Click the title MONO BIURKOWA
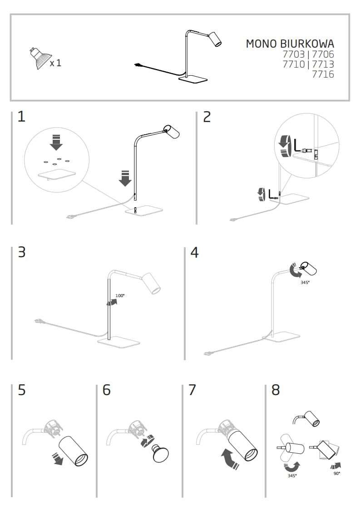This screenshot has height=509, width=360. point(290,44)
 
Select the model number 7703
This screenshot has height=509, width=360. point(294,54)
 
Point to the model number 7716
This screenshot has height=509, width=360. point(323,74)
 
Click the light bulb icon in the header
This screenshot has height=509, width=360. point(38,58)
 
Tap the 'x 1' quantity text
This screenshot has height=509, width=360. point(55,63)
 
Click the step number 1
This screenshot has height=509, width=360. point(21,117)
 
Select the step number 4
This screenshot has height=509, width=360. point(194,252)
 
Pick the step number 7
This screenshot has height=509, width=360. point(192,390)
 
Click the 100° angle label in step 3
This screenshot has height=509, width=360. point(120,296)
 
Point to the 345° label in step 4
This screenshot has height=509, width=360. point(305,282)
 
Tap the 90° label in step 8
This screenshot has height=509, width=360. point(336,473)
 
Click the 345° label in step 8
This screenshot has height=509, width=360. point(292,475)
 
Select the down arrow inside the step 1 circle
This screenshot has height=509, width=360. point(56,142)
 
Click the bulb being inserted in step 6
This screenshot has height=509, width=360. point(161,454)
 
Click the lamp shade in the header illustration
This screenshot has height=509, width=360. point(215,39)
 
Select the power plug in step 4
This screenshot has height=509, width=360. point(208,352)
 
